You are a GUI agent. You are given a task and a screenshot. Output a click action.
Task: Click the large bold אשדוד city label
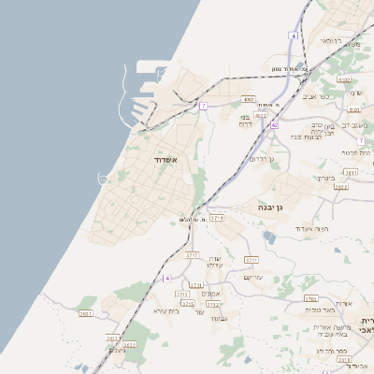click(170, 160)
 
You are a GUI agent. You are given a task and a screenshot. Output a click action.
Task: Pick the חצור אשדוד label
click(310, 228)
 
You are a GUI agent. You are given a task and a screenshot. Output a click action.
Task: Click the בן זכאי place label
click(331, 41)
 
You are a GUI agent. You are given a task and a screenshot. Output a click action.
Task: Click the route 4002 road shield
click(248, 98)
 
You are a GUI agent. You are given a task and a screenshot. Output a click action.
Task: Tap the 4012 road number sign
click(261, 115)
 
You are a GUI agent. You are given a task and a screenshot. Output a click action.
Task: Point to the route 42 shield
click(275, 123)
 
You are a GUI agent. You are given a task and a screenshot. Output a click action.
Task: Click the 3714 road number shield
click(217, 217)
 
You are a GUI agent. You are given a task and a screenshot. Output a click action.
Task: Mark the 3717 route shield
click(192, 254)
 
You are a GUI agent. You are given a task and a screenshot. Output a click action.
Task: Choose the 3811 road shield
click(351, 173)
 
